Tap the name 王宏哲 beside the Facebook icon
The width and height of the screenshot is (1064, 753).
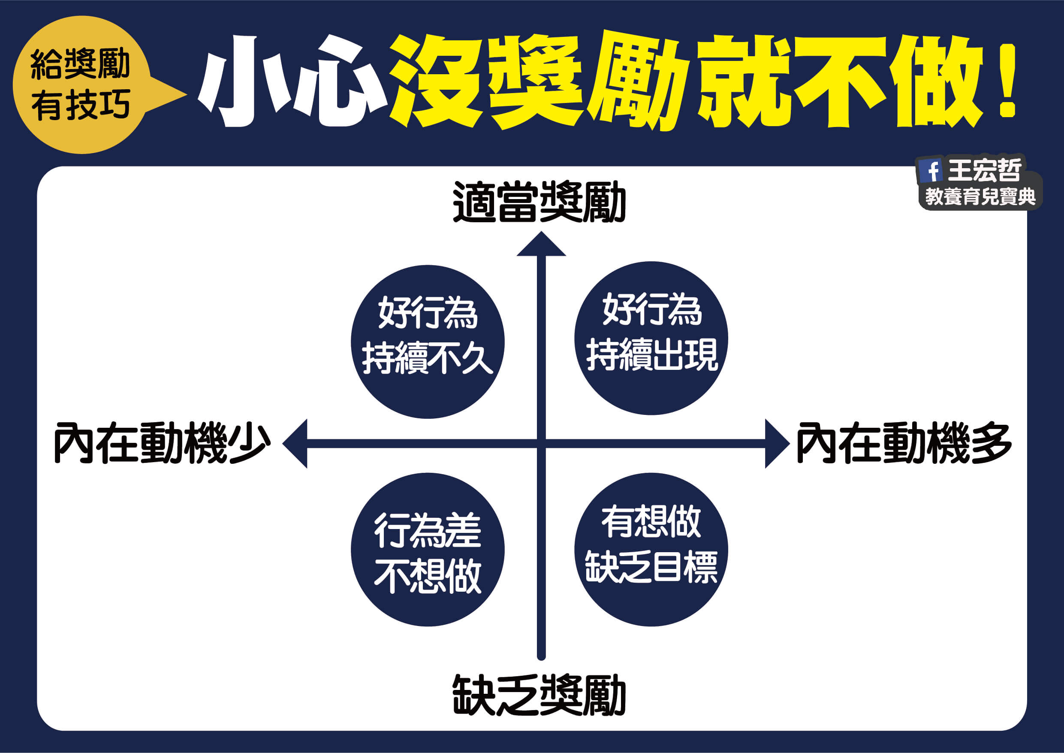(983, 170)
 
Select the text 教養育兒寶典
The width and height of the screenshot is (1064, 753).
(980, 197)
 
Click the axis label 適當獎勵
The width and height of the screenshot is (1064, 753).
(539, 203)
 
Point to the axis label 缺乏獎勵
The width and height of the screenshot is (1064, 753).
(539, 696)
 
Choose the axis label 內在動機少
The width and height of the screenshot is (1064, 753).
(162, 443)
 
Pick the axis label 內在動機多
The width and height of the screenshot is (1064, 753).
(904, 443)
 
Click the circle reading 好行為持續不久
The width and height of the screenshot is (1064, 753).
(427, 342)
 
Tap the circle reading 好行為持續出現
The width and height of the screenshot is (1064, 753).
(651, 338)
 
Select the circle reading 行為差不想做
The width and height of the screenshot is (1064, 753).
(427, 550)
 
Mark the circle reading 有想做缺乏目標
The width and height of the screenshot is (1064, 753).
(651, 550)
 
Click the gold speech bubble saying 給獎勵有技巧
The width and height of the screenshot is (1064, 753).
(81, 85)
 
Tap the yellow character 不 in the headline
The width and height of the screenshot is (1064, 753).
(839, 81)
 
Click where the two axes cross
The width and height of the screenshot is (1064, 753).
(541, 444)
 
